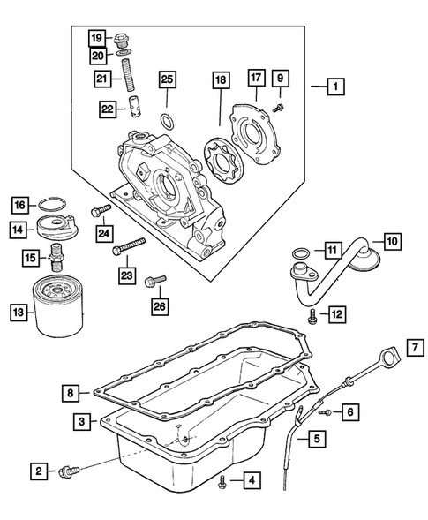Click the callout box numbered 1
click(x=334, y=87)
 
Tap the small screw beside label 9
click(x=279, y=105)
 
